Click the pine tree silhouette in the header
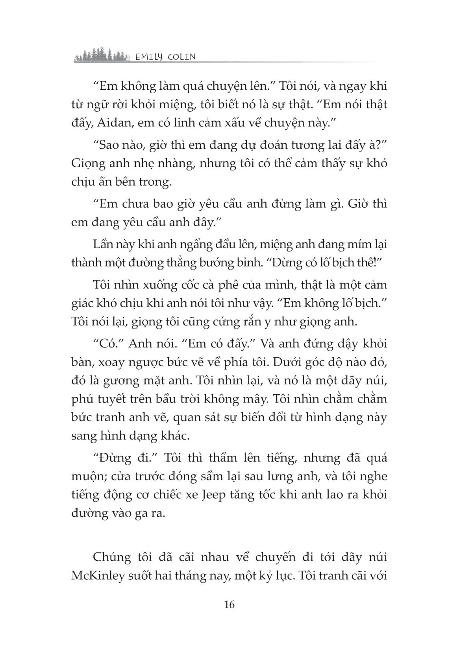[102, 56]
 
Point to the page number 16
[229, 604]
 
